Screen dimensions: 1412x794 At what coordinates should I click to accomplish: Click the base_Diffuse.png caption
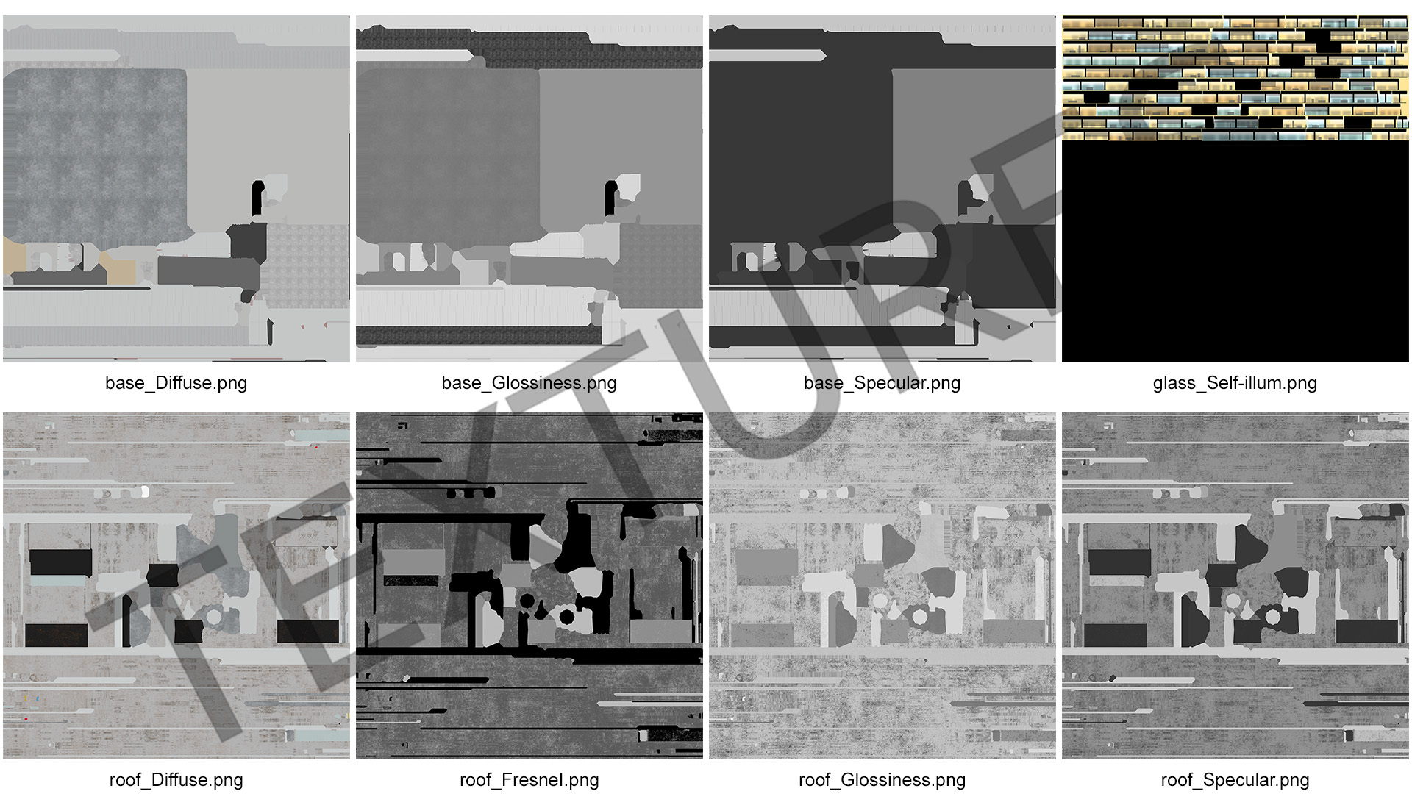pos(176,383)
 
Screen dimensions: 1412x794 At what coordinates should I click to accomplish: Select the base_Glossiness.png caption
pos(529,383)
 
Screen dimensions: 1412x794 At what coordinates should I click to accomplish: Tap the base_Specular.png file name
pos(882,383)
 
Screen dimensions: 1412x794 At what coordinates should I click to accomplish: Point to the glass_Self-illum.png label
pos(1235,383)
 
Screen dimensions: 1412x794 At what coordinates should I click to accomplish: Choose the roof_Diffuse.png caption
pos(176,780)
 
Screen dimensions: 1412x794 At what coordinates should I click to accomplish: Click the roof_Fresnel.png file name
pos(529,780)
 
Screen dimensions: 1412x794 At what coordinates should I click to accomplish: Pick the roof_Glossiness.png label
pos(882,780)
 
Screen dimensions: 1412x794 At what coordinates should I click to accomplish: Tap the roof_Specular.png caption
pos(1235,780)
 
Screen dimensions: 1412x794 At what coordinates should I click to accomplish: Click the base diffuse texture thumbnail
pos(176,189)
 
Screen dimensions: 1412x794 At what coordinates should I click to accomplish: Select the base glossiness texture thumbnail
pos(529,189)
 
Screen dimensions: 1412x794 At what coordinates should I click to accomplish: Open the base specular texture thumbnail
pos(883,189)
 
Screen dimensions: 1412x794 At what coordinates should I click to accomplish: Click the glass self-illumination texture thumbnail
pos(1235,189)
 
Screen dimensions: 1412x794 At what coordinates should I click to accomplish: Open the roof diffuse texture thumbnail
pos(176,586)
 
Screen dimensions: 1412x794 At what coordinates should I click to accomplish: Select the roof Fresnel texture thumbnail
pos(529,586)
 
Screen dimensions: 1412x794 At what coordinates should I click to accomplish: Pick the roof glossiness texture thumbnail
pos(883,586)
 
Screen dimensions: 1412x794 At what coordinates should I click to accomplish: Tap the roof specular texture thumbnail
pos(1235,586)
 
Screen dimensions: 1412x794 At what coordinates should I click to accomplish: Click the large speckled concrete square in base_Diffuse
pos(96,156)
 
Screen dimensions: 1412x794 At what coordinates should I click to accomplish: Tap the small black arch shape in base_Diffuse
pos(257,198)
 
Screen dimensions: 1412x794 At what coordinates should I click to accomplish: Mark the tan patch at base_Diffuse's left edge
pos(14,260)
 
